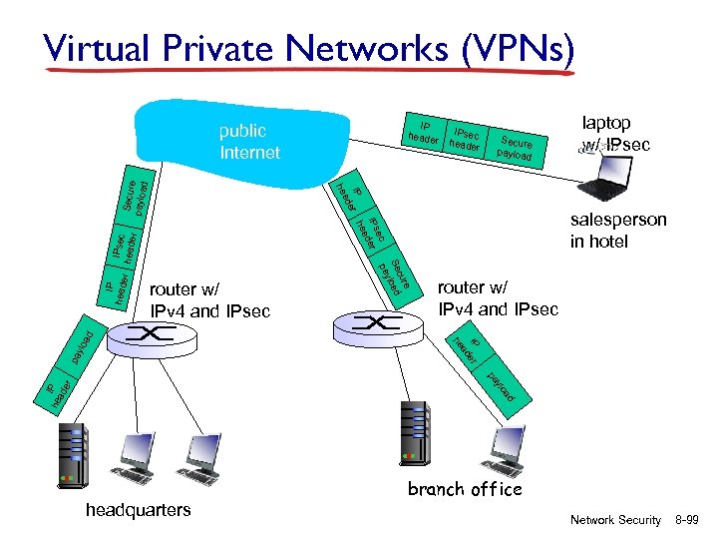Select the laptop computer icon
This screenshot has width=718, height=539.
604,181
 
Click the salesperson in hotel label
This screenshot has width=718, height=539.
618,230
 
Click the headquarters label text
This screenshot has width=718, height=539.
139,510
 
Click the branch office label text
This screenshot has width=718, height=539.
465,489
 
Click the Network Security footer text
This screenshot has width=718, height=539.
615,520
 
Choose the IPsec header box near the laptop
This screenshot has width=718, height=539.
467,141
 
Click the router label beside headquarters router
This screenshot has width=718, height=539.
208,300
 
